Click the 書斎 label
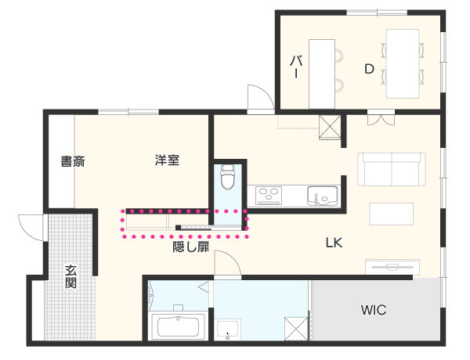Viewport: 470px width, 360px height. (73, 161)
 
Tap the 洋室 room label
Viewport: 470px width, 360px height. (167, 160)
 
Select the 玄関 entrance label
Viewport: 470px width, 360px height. (70, 276)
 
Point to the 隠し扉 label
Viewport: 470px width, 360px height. (191, 247)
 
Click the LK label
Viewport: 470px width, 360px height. (334, 243)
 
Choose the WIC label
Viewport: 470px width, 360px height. (374, 310)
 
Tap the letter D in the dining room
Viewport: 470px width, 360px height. (369, 69)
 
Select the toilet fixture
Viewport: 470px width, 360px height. (227, 177)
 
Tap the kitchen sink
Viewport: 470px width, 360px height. (322, 196)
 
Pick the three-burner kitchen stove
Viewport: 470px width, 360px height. (269, 196)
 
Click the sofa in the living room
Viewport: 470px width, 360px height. (392, 169)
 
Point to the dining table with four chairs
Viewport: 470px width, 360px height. (403, 64)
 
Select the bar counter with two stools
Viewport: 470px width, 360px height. (326, 74)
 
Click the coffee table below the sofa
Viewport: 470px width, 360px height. (392, 214)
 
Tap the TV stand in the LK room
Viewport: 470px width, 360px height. (392, 267)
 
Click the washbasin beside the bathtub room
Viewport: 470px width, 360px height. (227, 329)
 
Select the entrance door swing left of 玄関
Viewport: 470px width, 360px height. (31, 228)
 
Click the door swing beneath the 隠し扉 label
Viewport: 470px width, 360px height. (227, 264)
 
